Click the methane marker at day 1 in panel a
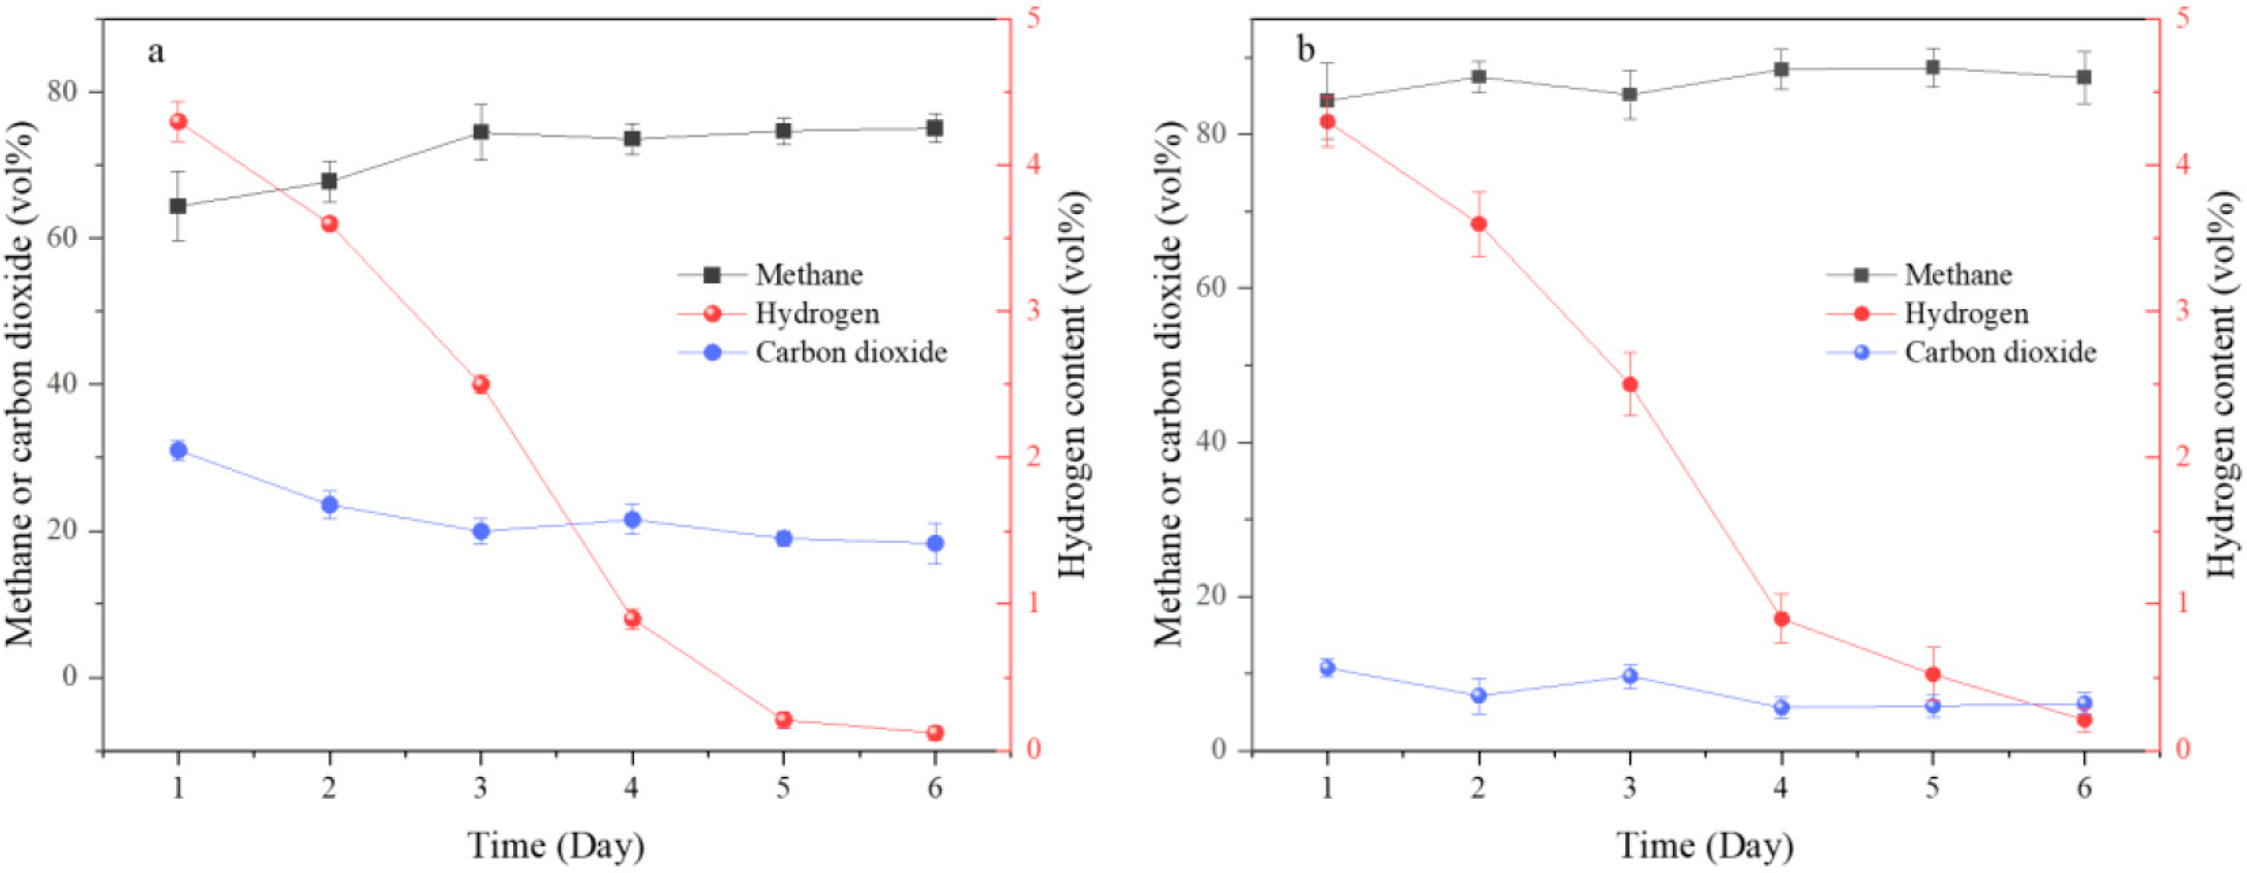click(178, 206)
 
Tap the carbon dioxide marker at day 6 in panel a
click(934, 544)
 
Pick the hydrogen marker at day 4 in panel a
click(632, 619)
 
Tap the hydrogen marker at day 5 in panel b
click(1932, 674)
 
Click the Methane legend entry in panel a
click(808, 275)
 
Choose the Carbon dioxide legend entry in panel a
click(850, 352)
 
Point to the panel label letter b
click(1305, 51)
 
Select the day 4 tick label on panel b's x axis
click(1780, 788)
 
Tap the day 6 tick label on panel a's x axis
click(934, 788)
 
